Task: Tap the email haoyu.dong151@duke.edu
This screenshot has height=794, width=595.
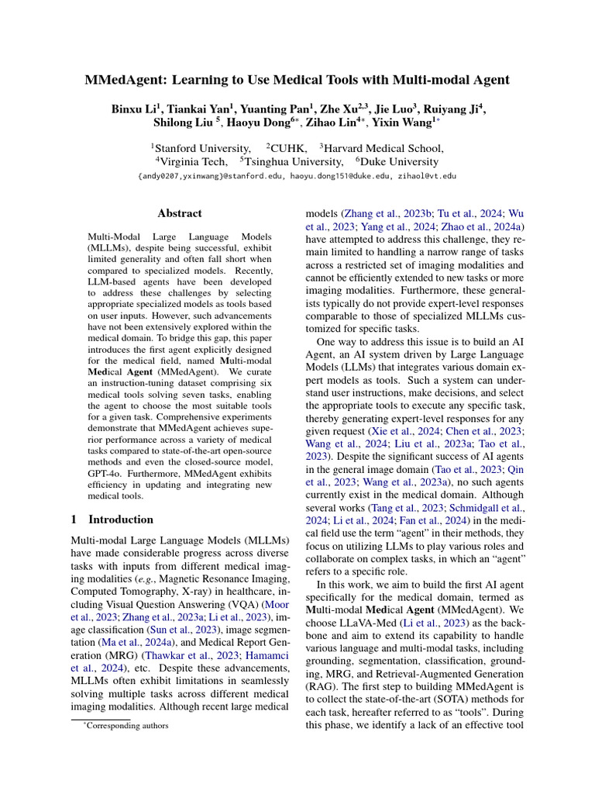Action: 356,176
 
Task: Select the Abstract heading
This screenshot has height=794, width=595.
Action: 180,213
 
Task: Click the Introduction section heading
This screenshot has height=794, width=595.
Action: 121,520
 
